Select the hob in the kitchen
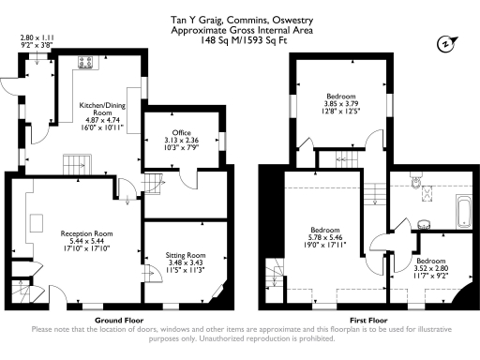click(x=84, y=65)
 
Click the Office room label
click(x=181, y=133)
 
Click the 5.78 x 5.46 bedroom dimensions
click(x=325, y=238)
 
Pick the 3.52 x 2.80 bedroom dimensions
click(x=431, y=269)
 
